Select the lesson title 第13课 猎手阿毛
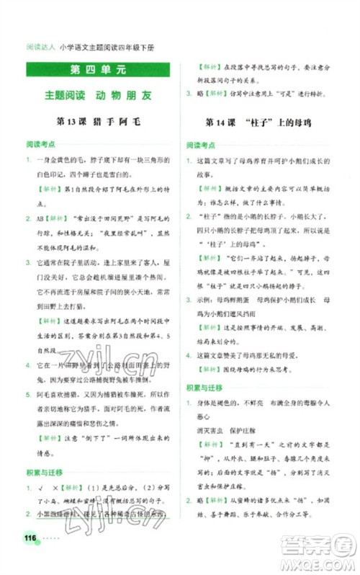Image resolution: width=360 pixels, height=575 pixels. [x=97, y=120]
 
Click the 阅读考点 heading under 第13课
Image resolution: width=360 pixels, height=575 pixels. [x=40, y=143]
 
